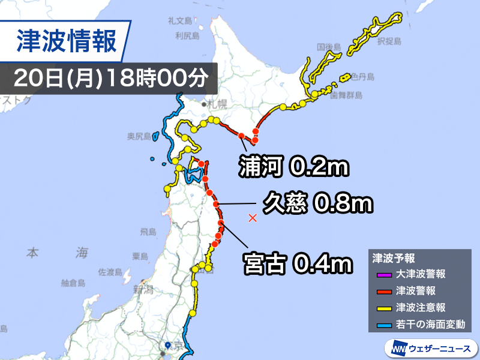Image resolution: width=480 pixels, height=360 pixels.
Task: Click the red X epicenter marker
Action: pyautogui.click(x=253, y=218)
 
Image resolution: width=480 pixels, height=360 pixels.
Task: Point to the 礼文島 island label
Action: pyautogui.click(x=179, y=22)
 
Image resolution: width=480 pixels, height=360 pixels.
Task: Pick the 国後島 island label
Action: pyautogui.click(x=329, y=46)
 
